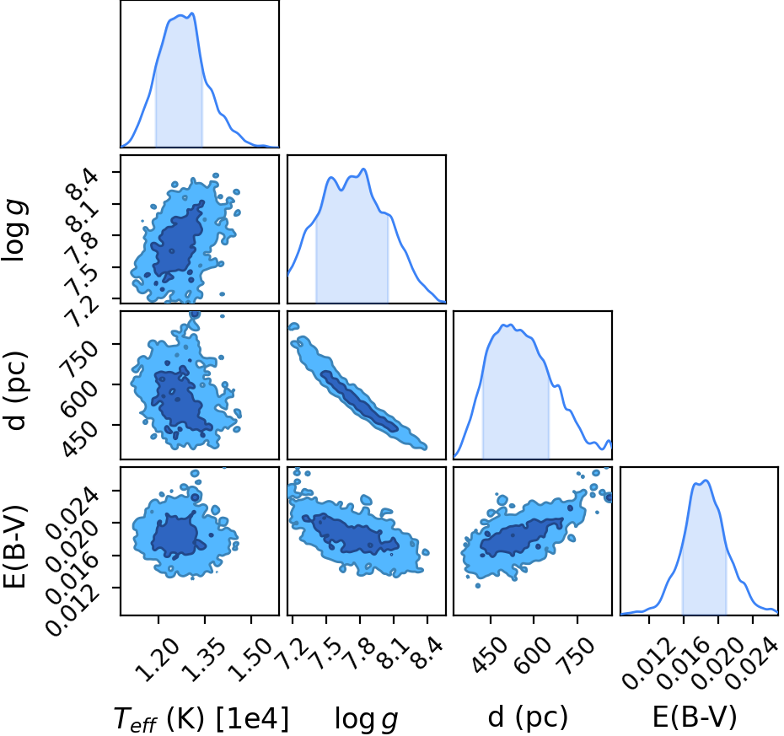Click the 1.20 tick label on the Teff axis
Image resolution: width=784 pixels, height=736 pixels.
(x=157, y=660)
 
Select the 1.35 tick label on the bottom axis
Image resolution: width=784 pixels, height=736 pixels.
(x=203, y=660)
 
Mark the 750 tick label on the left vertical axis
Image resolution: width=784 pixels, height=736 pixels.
(x=78, y=358)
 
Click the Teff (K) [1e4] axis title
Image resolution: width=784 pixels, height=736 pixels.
(x=201, y=718)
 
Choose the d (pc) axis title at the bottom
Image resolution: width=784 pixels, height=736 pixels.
(x=528, y=718)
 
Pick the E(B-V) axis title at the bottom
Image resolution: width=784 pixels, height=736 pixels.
(x=695, y=718)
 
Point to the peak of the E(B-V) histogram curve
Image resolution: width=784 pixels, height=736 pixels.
(x=706, y=481)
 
